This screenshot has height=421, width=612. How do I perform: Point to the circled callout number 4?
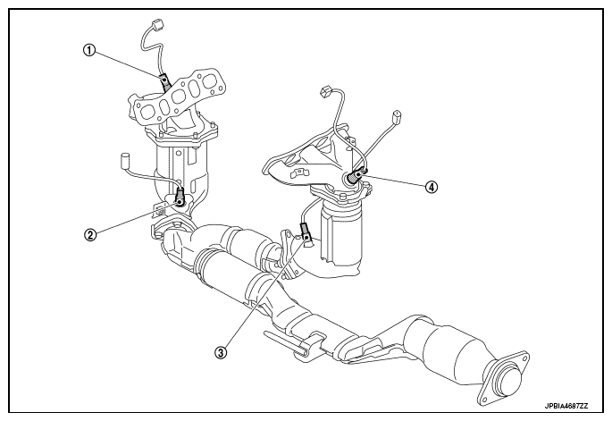[432, 188]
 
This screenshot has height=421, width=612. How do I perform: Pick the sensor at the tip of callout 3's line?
[306, 231]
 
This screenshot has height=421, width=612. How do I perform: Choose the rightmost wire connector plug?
[396, 115]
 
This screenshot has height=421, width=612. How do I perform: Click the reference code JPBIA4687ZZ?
[566, 408]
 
